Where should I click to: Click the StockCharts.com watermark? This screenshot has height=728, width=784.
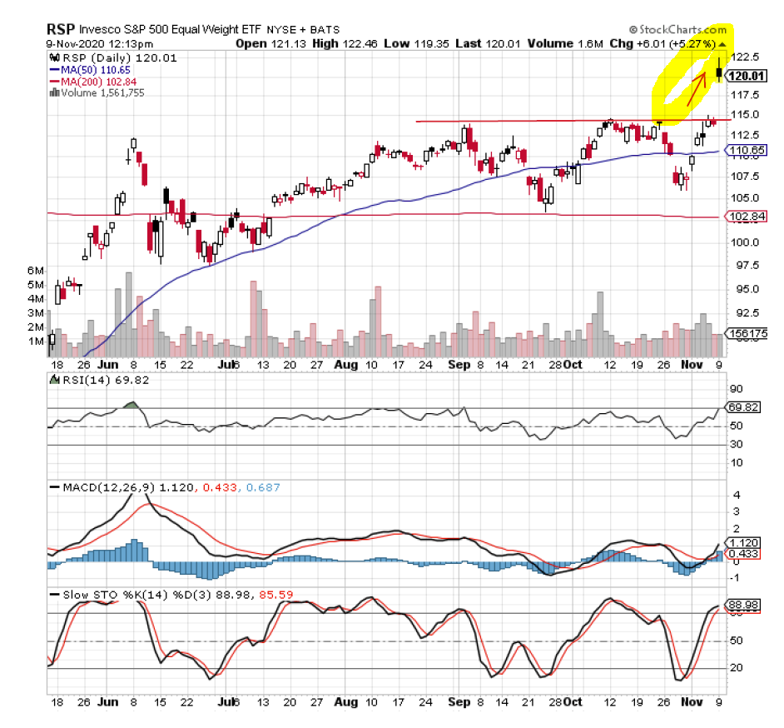pyautogui.click(x=677, y=28)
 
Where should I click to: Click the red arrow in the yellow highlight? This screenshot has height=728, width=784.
pyautogui.click(x=697, y=90)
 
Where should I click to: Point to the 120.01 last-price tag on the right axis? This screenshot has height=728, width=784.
pyautogui.click(x=746, y=76)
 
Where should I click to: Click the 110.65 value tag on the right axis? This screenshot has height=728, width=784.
pyautogui.click(x=746, y=151)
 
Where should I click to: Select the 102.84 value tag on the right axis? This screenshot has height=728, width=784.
pyautogui.click(x=746, y=217)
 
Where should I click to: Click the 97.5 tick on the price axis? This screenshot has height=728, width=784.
pyautogui.click(x=743, y=265)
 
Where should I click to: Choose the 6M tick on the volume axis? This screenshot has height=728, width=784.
pyautogui.click(x=35, y=270)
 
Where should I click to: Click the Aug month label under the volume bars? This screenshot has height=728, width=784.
pyautogui.click(x=346, y=365)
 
